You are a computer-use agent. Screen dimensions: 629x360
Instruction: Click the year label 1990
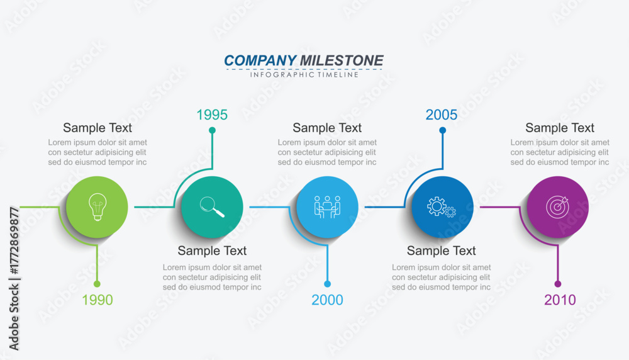97,300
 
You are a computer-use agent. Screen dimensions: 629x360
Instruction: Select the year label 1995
212,115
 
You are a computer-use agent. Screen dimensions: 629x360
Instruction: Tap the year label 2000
327,300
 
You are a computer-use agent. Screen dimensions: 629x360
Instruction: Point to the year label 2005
442,115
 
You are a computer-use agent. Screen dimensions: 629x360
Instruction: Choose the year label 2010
560,300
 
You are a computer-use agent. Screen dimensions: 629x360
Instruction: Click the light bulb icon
97,206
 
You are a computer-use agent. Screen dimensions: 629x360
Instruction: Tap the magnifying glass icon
212,206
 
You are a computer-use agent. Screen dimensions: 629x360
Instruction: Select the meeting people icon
327,207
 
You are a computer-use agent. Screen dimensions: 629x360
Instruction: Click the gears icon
442,207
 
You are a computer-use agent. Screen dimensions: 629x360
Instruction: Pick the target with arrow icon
557,206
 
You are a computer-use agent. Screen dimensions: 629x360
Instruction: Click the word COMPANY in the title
260,60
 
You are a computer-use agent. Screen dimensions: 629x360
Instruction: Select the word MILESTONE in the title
342,60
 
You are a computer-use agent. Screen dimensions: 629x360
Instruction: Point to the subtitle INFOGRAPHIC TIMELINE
304,75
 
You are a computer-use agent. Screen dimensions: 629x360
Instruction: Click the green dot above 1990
97,284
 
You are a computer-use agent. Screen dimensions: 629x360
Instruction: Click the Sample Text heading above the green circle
97,128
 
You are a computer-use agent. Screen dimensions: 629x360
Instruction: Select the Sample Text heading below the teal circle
212,250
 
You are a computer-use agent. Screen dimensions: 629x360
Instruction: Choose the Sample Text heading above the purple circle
560,128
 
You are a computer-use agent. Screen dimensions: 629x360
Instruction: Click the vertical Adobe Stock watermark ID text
14,279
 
